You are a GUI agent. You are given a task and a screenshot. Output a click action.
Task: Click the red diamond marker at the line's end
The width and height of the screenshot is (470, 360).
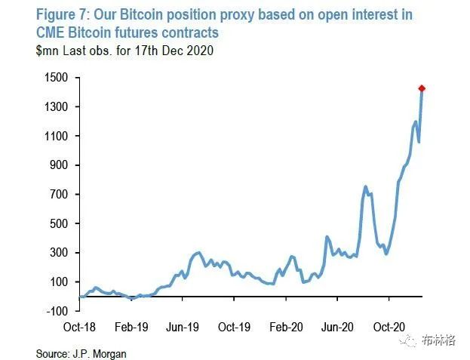[422, 89]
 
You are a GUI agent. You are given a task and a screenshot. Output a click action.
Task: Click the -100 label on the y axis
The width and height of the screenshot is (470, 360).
[60, 311]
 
